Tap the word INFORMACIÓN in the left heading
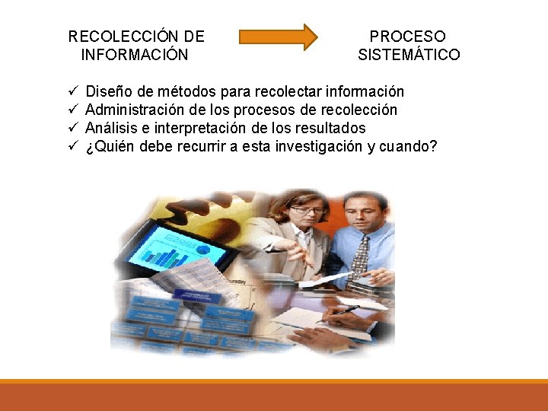[134, 55]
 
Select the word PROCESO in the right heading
[408, 37]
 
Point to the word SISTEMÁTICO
[409, 55]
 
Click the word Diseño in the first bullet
[108, 91]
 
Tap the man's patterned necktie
[361, 255]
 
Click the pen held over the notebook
[346, 311]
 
